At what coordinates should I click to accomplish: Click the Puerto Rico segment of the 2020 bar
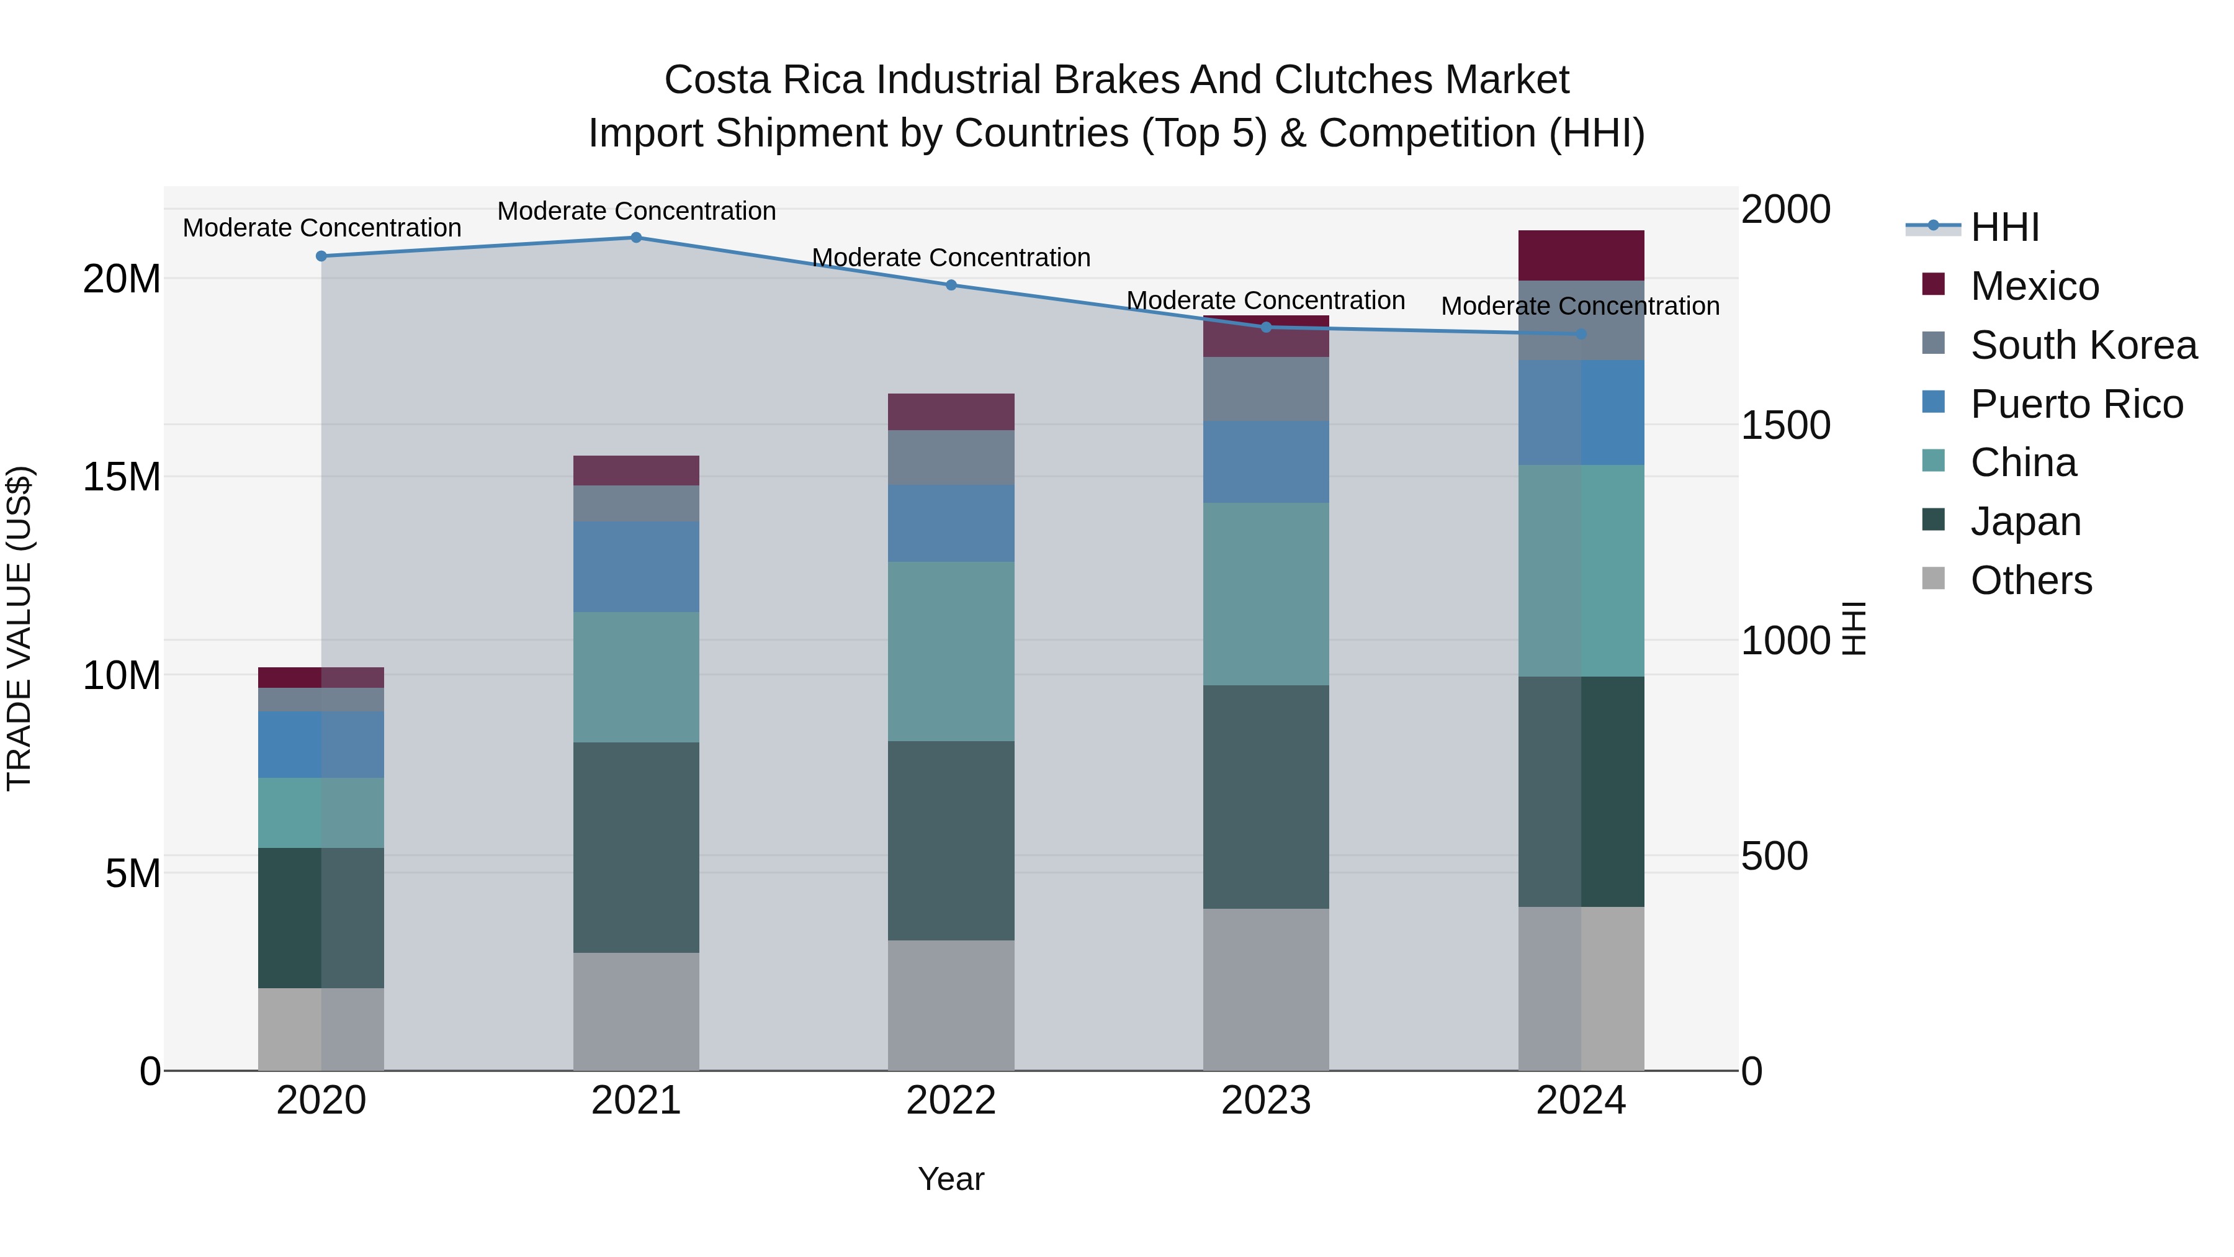(321, 744)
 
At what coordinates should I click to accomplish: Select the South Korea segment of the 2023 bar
(1265, 389)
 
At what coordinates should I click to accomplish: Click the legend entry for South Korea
(2083, 345)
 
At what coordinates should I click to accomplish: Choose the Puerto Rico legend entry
(2076, 404)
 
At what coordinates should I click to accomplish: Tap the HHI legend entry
(2004, 227)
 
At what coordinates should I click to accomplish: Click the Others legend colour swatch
(1933, 579)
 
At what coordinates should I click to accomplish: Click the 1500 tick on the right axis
(1785, 425)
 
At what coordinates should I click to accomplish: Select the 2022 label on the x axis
(951, 1101)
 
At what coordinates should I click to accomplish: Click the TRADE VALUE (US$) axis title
(19, 628)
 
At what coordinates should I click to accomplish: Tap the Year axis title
(951, 1179)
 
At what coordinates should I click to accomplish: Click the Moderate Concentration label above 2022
(951, 258)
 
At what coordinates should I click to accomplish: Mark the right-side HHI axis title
(1853, 628)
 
